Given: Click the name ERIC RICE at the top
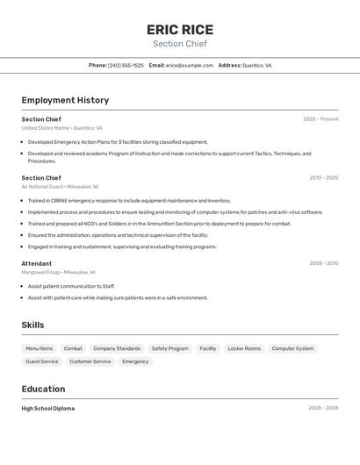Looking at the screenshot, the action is (180, 30).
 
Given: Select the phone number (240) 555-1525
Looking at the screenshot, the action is (126, 65).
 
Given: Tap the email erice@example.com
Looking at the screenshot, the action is (190, 65).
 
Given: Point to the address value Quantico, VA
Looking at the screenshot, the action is (257, 65).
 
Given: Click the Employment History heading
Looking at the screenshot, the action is (65, 100).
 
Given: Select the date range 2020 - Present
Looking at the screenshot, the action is (320, 119).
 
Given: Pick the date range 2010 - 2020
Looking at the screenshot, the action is (323, 178).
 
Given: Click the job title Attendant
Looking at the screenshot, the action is (37, 263).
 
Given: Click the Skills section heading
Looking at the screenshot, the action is (32, 325).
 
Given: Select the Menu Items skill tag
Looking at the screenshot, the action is (39, 348).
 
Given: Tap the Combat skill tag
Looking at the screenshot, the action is (73, 348).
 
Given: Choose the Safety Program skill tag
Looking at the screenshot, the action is (169, 348).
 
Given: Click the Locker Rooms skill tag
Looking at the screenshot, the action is (244, 348).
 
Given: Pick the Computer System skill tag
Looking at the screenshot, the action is (292, 348).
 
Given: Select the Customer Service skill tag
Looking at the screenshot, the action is (90, 361).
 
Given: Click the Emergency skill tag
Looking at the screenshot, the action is (135, 361).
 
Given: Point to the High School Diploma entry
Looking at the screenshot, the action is (48, 408).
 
